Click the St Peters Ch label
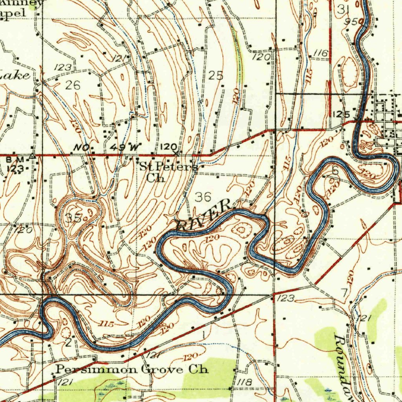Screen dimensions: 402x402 [169, 172]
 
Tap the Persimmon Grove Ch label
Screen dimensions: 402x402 [132, 369]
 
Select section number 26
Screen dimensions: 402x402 [73, 85]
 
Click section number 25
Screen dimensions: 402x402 [216, 75]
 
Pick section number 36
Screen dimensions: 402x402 [203, 197]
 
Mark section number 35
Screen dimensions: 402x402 [73, 218]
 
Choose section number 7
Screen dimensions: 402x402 [344, 293]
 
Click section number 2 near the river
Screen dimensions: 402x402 [68, 343]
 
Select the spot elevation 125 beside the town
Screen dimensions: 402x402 [341, 114]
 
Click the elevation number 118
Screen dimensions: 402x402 [244, 382]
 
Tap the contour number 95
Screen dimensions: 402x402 [351, 22]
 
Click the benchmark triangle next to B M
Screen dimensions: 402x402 [33, 157]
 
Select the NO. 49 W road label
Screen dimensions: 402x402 [108, 148]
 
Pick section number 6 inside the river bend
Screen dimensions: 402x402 [335, 170]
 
